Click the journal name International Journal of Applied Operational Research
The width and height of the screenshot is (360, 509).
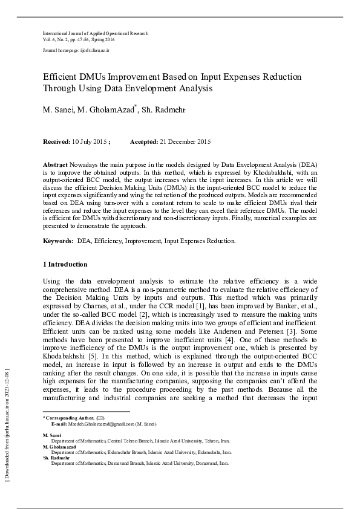(x=95, y=33)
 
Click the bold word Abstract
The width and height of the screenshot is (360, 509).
(x=56, y=164)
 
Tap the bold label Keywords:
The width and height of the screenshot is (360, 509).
(x=58, y=241)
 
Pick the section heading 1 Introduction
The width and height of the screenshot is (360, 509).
(x=65, y=264)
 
